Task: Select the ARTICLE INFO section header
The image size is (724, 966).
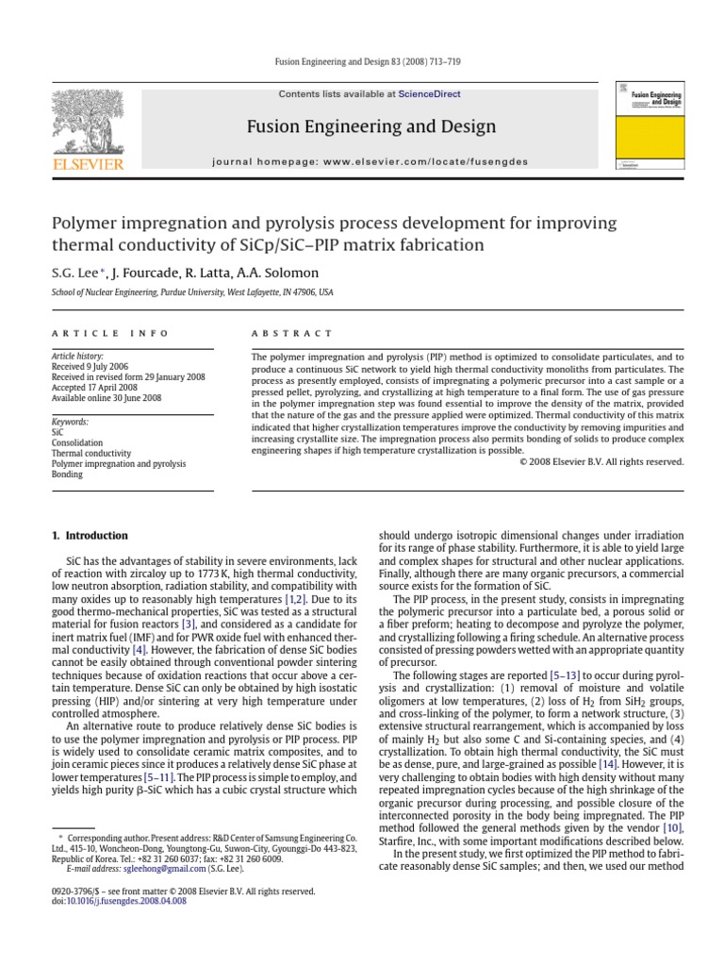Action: (x=110, y=333)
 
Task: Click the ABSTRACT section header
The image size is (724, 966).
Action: (x=290, y=333)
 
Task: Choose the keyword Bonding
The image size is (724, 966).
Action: (x=67, y=475)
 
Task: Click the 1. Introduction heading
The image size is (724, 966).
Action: (x=90, y=536)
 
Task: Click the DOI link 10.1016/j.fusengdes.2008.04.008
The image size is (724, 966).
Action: (x=125, y=901)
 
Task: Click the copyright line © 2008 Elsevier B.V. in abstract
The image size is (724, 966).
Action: (x=601, y=461)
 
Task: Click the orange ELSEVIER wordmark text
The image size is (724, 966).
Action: (x=89, y=165)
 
